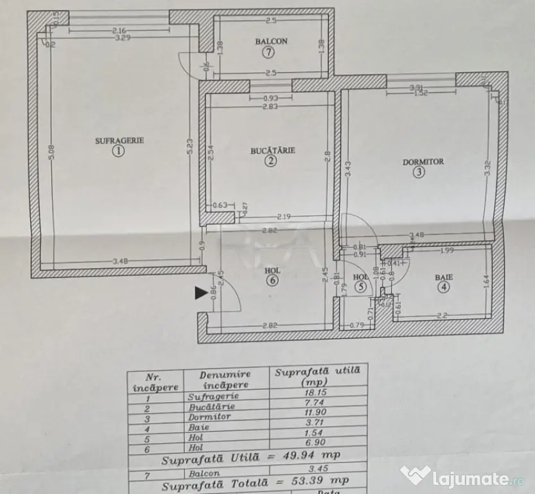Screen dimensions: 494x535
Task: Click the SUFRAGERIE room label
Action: pos(119,140)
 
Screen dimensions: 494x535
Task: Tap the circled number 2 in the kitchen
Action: pos(272,161)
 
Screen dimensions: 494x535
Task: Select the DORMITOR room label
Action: pos(423,162)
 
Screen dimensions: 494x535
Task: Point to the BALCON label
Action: pos(271,42)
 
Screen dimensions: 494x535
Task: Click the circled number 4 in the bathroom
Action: pos(443,288)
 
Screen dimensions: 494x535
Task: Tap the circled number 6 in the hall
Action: pos(272,280)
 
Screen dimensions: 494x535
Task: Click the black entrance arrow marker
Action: pos(200,293)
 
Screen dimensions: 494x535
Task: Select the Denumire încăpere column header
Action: pos(225,379)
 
